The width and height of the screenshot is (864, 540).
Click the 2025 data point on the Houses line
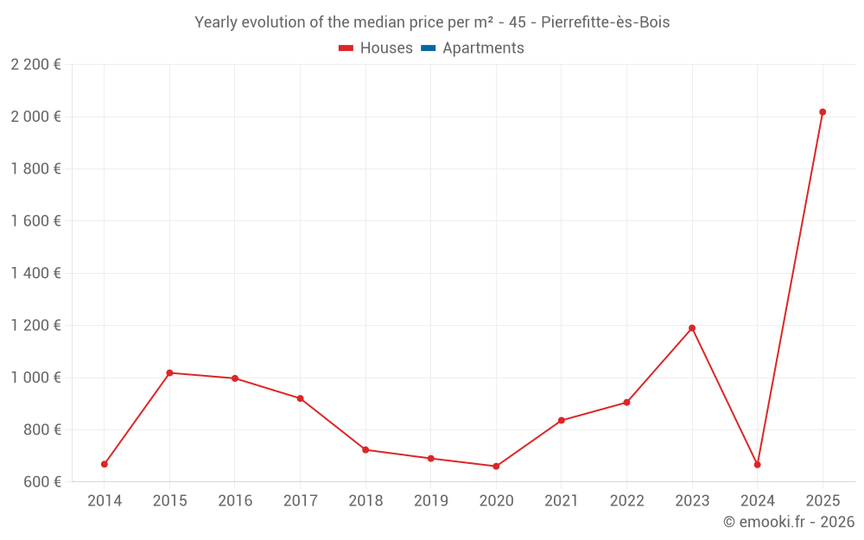[823, 111]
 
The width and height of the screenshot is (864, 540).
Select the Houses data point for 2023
[692, 327]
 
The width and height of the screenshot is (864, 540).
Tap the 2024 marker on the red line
[757, 465]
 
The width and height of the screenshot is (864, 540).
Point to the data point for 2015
[169, 372]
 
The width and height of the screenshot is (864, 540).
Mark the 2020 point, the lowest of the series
[496, 467]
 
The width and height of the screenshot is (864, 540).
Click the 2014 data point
[105, 464]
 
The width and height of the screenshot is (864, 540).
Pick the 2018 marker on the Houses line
[365, 449]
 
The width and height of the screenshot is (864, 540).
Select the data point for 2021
[562, 420]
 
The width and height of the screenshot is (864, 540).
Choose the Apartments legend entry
[483, 48]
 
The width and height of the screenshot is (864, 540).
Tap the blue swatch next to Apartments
[428, 48]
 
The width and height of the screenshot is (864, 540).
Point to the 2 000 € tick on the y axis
[35, 117]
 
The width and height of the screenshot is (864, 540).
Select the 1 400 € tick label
[35, 273]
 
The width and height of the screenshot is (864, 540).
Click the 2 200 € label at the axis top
[35, 65]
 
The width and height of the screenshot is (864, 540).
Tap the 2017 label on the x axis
[300, 501]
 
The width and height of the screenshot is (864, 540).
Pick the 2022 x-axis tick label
[626, 501]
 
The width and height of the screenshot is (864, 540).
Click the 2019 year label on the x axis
[430, 501]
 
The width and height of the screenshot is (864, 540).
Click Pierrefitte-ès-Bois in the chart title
[605, 22]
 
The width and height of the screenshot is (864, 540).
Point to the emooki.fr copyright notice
[788, 522]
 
